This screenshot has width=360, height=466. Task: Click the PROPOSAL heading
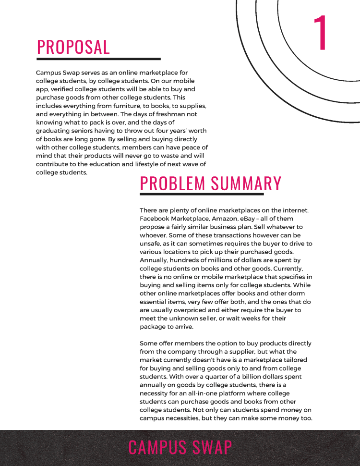73,47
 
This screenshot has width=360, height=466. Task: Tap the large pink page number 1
321,33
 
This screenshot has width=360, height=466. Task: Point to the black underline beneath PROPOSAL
98,59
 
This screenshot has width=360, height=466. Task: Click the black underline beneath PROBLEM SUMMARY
202,195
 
